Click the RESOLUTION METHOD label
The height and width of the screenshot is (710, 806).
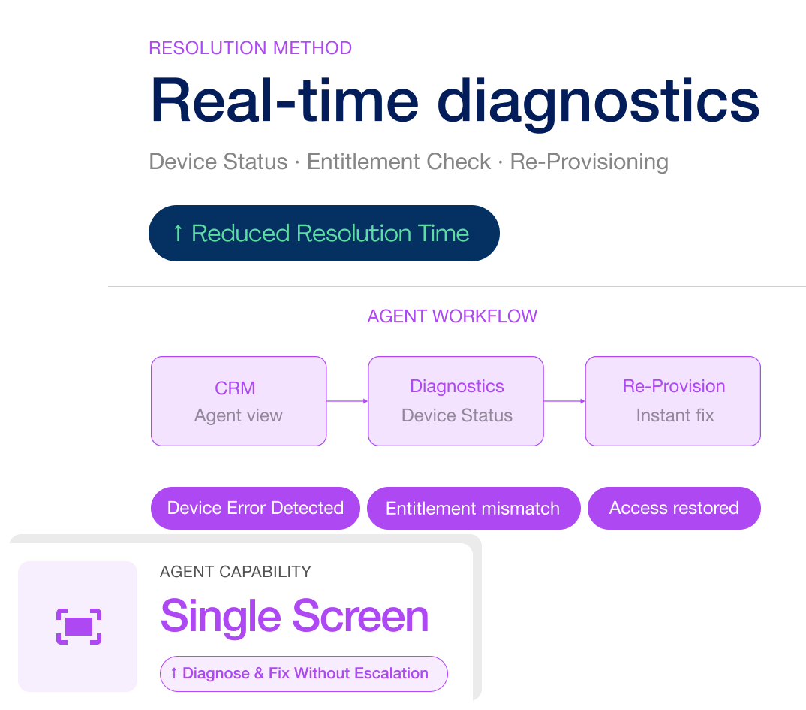[250, 48]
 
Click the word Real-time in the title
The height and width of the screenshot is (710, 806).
[284, 101]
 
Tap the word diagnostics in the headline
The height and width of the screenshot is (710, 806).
[598, 101]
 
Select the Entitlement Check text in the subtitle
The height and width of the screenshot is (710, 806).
[398, 162]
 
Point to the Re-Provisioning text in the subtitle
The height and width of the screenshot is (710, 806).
[589, 162]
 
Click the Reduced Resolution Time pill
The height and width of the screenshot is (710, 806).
[323, 233]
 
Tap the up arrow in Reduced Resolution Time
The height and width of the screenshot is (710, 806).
[178, 233]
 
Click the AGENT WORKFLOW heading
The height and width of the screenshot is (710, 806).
[452, 316]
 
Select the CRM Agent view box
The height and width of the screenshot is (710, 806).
[239, 401]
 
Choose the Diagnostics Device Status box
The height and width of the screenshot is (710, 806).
[456, 401]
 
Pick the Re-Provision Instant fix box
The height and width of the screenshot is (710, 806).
[672, 401]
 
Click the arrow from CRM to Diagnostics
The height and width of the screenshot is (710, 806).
[347, 401]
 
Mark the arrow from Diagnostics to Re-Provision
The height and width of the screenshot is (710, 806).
[564, 401]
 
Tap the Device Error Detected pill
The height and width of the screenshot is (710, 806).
[255, 508]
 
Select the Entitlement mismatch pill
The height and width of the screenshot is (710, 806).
[473, 509]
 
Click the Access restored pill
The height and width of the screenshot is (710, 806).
[673, 508]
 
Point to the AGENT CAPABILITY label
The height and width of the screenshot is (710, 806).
[235, 572]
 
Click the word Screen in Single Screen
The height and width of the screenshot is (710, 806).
[360, 616]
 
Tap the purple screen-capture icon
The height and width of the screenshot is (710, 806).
[78, 626]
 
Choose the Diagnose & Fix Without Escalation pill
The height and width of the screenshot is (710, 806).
[303, 673]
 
